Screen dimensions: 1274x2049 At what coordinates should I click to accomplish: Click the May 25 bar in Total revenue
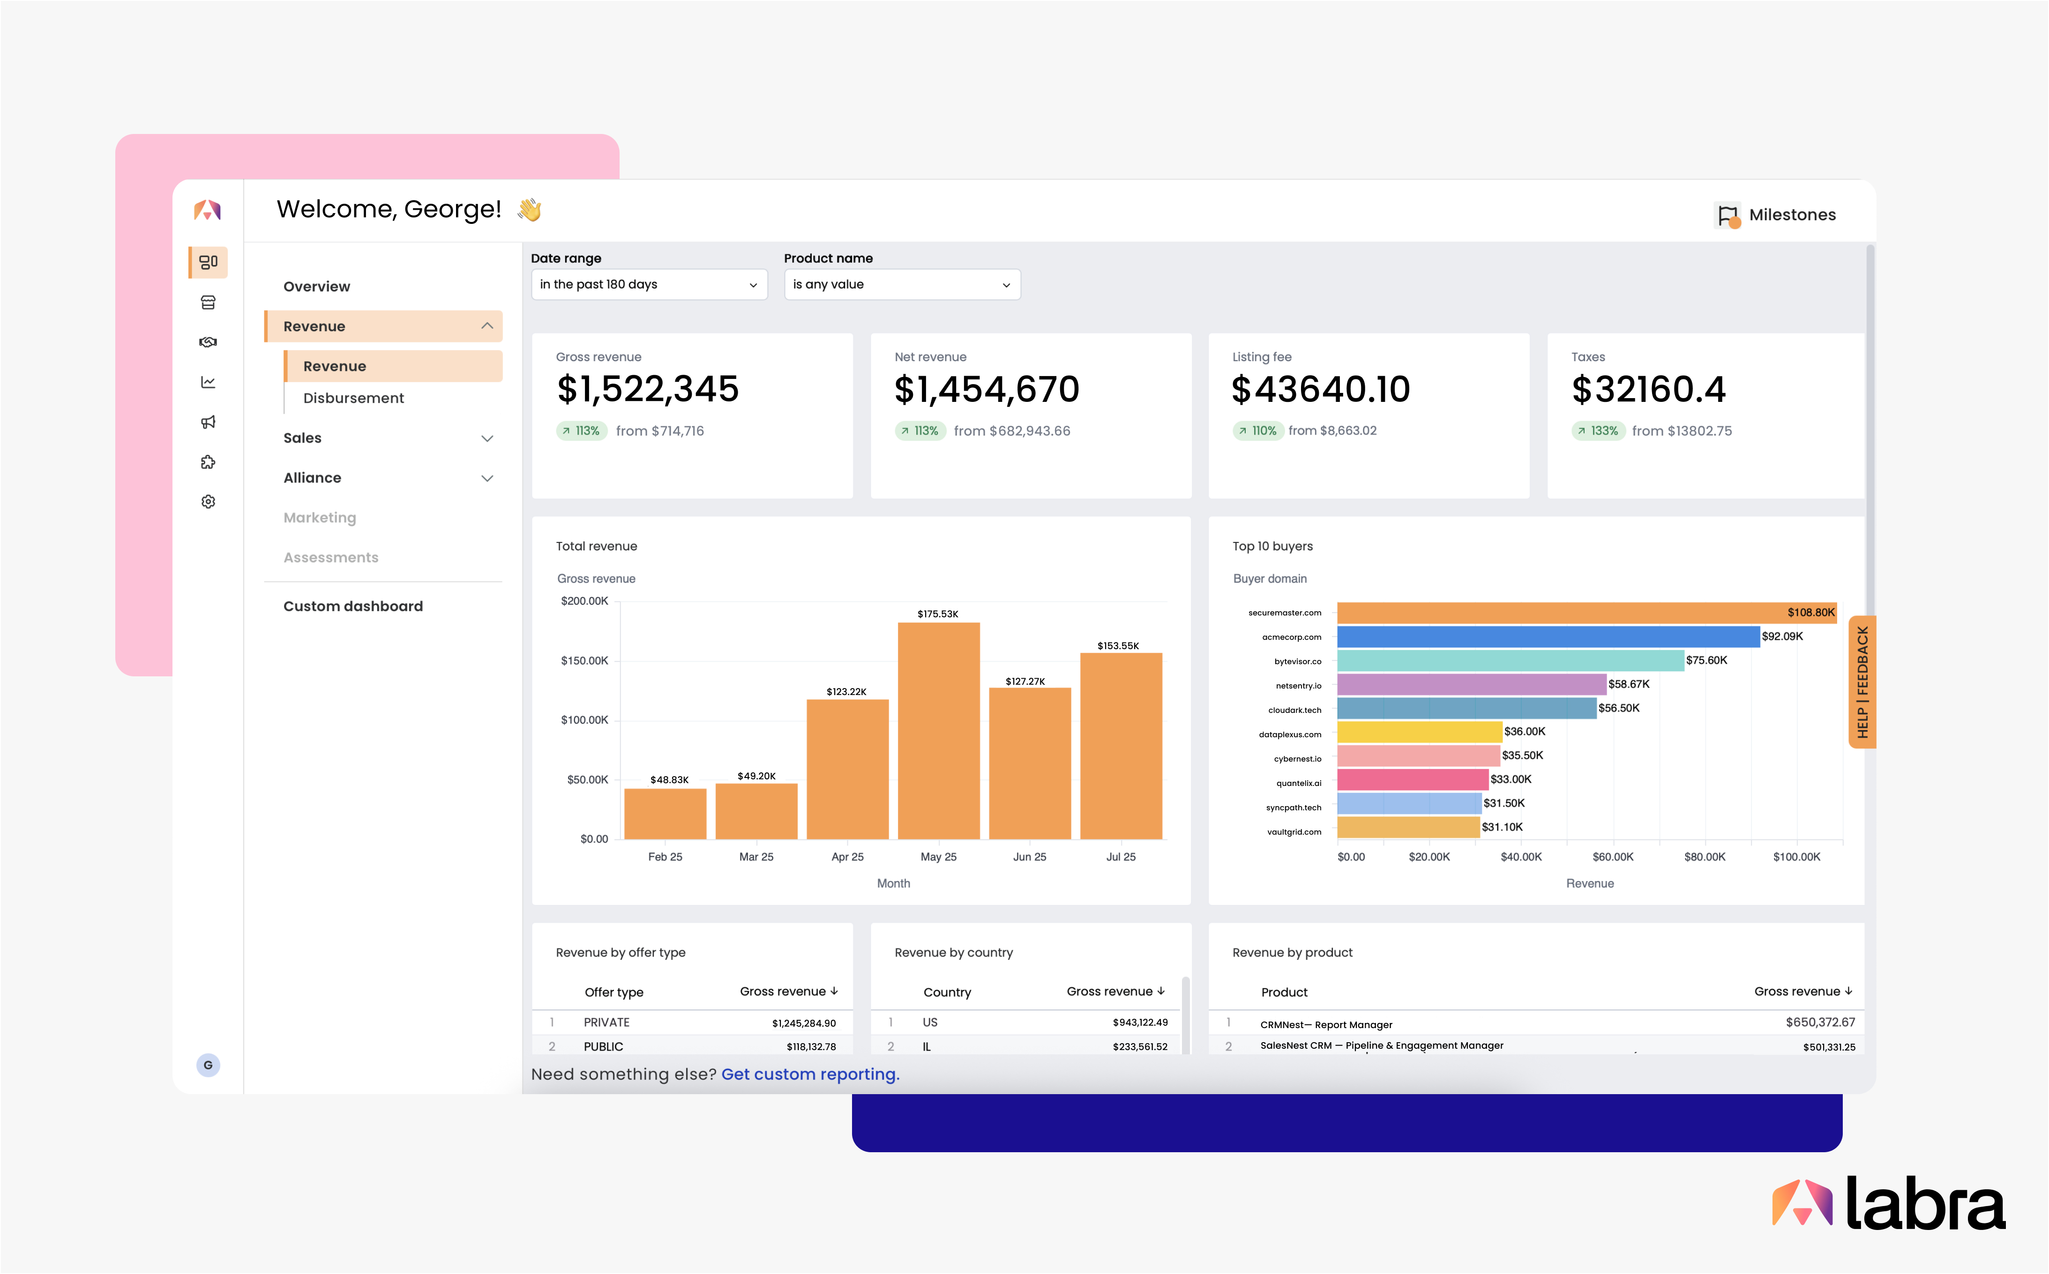938,731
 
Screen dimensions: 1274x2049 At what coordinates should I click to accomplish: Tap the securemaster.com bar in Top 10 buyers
1585,613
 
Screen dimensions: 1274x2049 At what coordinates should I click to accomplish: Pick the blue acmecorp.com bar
1548,636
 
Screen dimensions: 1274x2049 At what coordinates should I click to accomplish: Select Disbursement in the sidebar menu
353,398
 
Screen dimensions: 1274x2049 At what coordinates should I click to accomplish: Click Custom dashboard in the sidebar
352,606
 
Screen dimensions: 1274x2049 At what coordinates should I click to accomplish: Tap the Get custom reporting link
810,1074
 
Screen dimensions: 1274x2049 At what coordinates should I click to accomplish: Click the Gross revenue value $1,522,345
647,389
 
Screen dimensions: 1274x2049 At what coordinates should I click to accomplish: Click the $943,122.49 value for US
1139,1022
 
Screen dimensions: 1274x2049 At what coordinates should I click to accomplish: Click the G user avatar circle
208,1065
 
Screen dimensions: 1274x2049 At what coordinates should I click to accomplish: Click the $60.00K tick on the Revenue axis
1612,857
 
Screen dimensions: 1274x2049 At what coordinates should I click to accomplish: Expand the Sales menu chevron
487,438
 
